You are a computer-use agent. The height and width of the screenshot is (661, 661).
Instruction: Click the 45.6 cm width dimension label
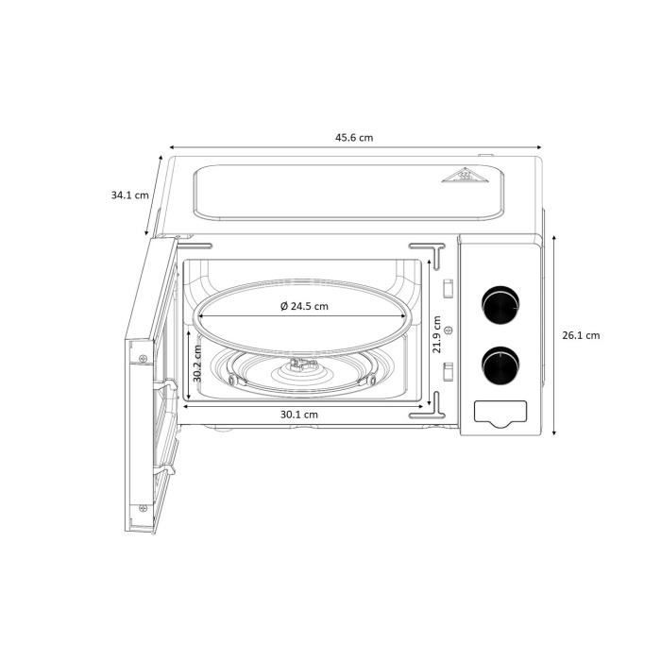pyautogui.click(x=354, y=137)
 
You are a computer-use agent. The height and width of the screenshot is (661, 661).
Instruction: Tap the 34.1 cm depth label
pyautogui.click(x=129, y=195)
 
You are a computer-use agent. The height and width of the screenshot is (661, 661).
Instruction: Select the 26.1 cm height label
pyautogui.click(x=581, y=335)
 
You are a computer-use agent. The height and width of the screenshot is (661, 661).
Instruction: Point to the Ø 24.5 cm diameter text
pyautogui.click(x=304, y=306)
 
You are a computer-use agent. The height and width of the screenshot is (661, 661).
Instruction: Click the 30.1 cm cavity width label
pyautogui.click(x=298, y=414)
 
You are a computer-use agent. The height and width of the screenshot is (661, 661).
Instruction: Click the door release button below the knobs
pyautogui.click(x=498, y=412)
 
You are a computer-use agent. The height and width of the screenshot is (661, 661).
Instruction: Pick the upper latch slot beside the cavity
pyautogui.click(x=449, y=287)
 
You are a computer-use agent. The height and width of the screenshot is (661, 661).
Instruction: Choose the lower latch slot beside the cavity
pyautogui.click(x=449, y=368)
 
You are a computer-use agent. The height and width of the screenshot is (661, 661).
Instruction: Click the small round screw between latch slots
pyautogui.click(x=449, y=330)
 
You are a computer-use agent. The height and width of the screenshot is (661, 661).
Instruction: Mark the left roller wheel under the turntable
pyautogui.click(x=231, y=380)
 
